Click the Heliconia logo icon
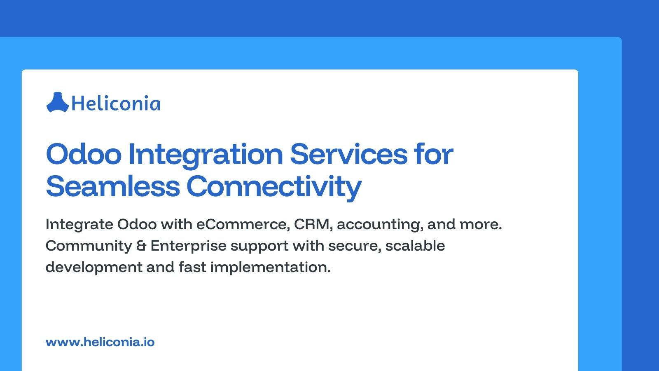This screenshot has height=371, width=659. (x=57, y=102)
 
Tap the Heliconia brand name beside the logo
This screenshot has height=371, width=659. (x=116, y=103)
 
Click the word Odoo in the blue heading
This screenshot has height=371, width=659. (x=84, y=154)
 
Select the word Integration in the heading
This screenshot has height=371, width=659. (x=206, y=154)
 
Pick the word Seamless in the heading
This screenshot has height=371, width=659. (x=112, y=186)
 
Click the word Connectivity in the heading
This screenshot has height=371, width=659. (x=274, y=186)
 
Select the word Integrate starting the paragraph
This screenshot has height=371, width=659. (x=79, y=224)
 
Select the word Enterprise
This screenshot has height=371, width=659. (x=188, y=246)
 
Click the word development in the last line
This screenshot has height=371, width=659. (x=93, y=268)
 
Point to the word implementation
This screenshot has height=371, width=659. (x=270, y=268)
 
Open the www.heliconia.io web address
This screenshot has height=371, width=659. (x=100, y=342)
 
